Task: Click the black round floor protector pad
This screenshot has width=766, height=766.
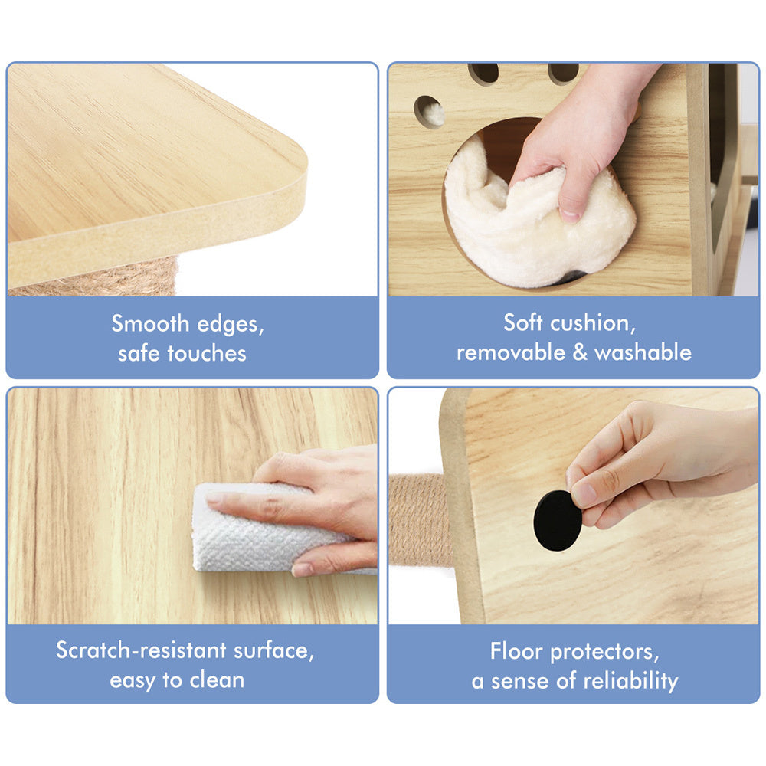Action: tap(558, 521)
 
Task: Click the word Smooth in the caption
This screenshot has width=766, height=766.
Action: tap(150, 323)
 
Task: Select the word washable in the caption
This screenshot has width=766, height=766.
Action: tap(643, 352)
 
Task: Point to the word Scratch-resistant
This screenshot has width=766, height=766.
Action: tap(142, 650)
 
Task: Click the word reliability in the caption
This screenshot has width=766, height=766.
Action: tap(630, 681)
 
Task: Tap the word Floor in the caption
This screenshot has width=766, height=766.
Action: tap(517, 650)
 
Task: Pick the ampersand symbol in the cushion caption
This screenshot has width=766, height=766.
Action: tap(579, 352)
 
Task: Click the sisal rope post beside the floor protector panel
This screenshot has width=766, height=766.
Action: tap(420, 520)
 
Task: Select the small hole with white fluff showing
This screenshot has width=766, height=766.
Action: tap(430, 112)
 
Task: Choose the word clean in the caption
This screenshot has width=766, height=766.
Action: tap(217, 680)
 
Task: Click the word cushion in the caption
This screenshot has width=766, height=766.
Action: tap(593, 323)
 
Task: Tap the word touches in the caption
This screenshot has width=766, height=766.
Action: tap(207, 353)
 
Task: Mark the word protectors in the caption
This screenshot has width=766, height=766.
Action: tap(605, 652)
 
